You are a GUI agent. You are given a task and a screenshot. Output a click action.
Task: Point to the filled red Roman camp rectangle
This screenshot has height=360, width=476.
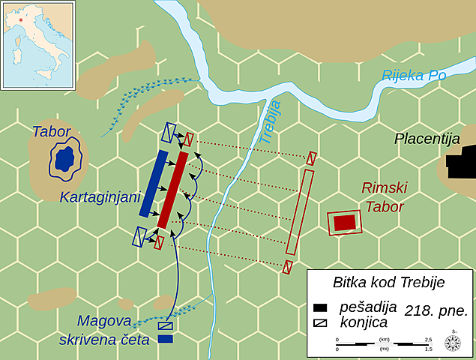point(345,223)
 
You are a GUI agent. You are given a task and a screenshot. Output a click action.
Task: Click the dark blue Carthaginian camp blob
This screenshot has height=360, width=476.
point(64,159)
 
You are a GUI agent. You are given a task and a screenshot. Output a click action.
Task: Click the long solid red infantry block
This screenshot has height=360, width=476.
point(173,189)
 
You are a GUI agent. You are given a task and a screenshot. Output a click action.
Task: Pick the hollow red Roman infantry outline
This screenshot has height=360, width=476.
point(299,211)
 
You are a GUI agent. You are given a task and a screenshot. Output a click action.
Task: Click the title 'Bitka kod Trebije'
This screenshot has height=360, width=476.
point(388,283)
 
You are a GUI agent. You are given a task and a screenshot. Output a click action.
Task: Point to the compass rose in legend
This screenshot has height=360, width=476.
point(452,343)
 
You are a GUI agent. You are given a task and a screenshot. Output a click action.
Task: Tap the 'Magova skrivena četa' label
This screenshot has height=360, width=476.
point(105,331)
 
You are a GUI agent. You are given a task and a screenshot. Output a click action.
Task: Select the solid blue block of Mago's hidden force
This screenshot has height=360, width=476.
point(166,339)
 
